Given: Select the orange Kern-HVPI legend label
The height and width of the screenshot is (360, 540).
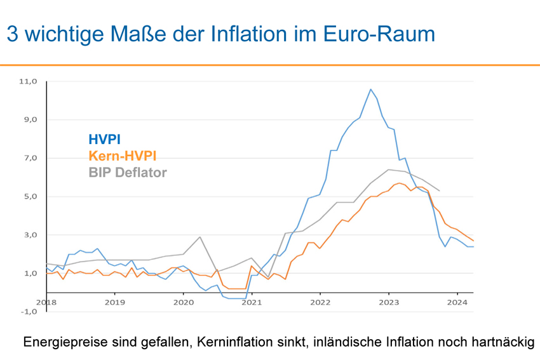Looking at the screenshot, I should (123, 156).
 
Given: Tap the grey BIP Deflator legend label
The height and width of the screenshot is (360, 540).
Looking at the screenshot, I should (127, 172).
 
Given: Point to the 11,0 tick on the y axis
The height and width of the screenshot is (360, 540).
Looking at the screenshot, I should (30, 81).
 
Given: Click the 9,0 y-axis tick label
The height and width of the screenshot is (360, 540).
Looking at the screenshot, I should (31, 119).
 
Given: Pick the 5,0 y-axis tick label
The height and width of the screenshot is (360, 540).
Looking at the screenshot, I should (31, 196).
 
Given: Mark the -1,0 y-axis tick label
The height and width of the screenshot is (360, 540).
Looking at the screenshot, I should (30, 311).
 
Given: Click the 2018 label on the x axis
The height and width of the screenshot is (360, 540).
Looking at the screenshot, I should (46, 302).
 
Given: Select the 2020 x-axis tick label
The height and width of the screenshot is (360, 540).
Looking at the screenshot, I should (183, 302).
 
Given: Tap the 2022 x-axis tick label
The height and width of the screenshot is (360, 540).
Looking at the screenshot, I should (320, 302).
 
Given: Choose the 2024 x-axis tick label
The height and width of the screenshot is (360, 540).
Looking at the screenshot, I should (456, 302).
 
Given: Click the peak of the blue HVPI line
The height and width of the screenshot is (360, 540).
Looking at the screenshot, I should (371, 89).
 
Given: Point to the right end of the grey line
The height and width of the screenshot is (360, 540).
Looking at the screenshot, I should (439, 190).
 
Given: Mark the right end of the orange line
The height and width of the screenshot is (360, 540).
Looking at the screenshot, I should (473, 241).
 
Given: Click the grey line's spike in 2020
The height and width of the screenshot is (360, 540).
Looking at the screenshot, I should (200, 237).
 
